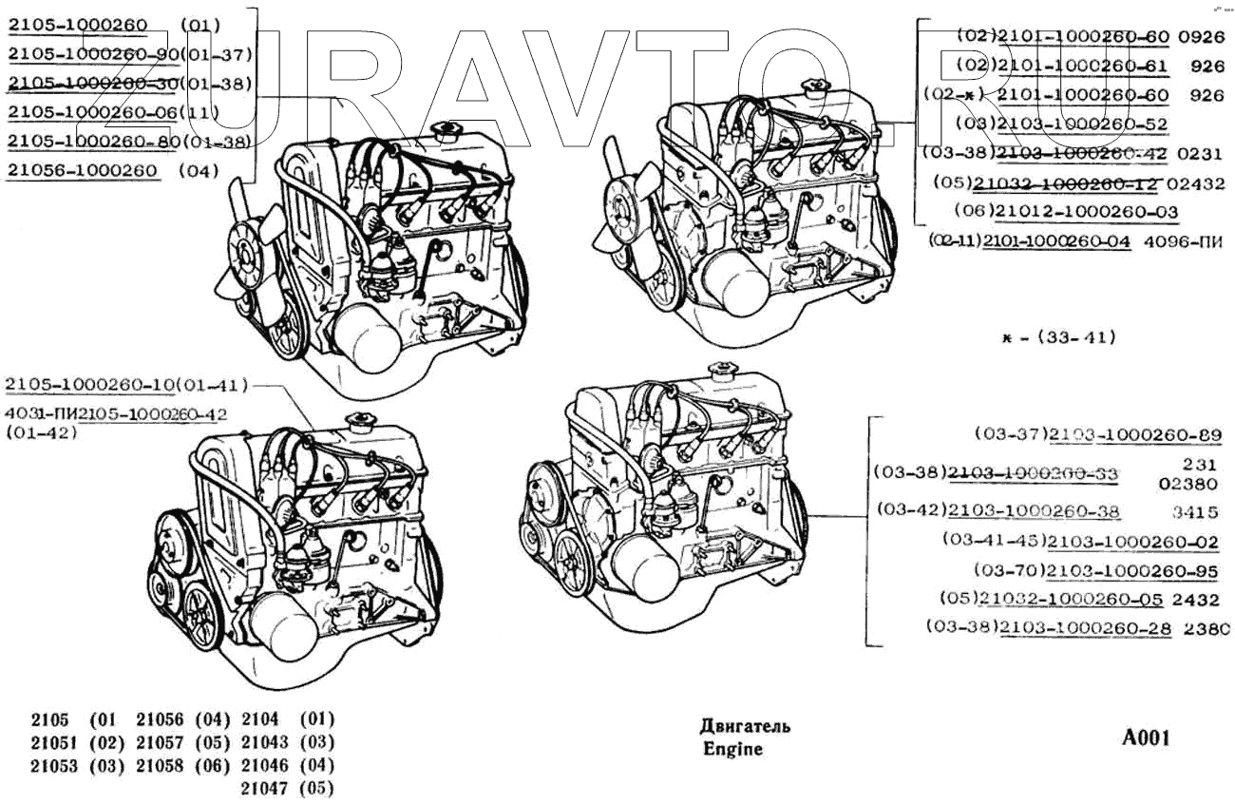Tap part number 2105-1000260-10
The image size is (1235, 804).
[x=90, y=384]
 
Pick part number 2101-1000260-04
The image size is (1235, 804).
[x=1056, y=241]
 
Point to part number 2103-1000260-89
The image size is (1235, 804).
[x=1134, y=435]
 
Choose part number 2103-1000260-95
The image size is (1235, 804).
[x=1134, y=571]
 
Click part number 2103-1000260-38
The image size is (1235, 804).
[x=1035, y=512]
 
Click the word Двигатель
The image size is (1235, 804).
[x=745, y=727]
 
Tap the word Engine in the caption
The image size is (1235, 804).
[x=732, y=749]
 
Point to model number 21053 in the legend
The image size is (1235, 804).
[x=54, y=766]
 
